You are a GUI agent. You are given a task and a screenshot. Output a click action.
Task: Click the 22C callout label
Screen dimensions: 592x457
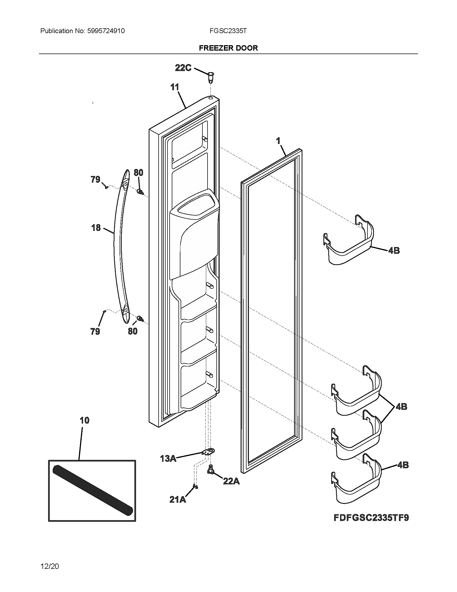pyautogui.click(x=183, y=68)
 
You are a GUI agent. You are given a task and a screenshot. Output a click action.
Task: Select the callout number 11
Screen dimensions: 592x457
pyautogui.click(x=175, y=87)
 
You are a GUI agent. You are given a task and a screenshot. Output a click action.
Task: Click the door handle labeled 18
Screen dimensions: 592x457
pyautogui.click(x=118, y=244)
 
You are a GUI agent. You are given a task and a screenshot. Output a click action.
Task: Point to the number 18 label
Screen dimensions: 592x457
pyautogui.click(x=96, y=228)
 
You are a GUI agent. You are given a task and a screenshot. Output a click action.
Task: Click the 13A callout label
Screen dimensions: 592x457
pyautogui.click(x=168, y=459)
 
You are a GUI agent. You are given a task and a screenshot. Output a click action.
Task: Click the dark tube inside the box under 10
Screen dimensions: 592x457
pyautogui.click(x=92, y=490)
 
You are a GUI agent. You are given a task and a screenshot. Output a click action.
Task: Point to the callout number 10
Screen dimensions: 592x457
pyautogui.click(x=84, y=420)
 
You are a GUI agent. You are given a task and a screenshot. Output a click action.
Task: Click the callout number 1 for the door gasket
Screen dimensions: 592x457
pyautogui.click(x=278, y=141)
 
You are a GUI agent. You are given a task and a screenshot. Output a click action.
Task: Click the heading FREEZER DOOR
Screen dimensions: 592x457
pyautogui.click(x=228, y=48)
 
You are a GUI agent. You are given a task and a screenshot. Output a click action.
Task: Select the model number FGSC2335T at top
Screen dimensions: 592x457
pyautogui.click(x=228, y=31)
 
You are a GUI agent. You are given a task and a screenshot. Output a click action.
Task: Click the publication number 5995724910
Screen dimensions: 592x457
pyautogui.click(x=106, y=31)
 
